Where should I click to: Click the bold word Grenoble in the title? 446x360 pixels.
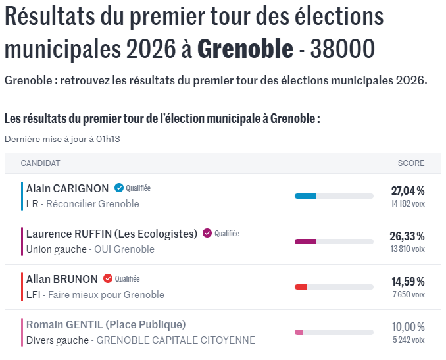(245, 49)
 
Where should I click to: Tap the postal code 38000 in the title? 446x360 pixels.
(343, 49)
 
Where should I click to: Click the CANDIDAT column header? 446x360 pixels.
(40, 163)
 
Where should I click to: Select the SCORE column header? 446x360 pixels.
(411, 163)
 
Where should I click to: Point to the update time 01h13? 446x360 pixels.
(108, 139)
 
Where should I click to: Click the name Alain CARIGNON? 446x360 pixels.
(67, 188)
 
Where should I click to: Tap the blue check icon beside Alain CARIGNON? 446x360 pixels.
(119, 188)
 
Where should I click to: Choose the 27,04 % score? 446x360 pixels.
(408, 191)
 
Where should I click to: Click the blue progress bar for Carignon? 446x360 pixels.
(305, 196)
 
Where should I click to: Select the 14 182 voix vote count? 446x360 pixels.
(408, 204)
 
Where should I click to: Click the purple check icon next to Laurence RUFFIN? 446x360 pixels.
(207, 233)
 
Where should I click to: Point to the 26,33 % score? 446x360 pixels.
(407, 236)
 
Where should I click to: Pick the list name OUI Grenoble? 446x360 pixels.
(124, 249)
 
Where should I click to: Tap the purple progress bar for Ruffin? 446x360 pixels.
(305, 242)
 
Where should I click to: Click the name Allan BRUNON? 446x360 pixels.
(62, 279)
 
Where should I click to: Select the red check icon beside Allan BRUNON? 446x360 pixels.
(107, 278)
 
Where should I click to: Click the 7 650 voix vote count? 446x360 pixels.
(409, 295)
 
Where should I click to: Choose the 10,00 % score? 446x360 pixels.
(409, 327)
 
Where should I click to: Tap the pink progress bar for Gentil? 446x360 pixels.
(299, 332)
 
